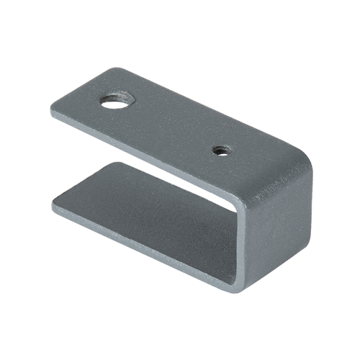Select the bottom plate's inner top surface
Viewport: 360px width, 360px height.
click(x=144, y=209)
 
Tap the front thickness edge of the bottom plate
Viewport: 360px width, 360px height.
click(x=144, y=245)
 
